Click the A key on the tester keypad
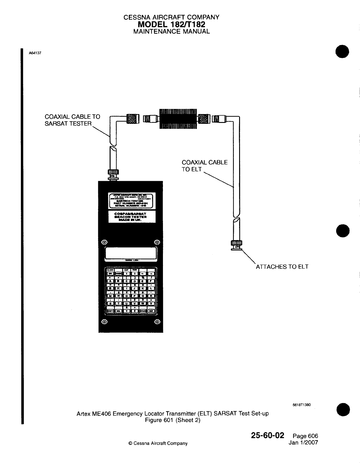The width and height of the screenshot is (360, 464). pos(110,281)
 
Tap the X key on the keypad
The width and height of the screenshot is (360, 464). pos(151,303)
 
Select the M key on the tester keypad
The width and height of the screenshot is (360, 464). pos(110,296)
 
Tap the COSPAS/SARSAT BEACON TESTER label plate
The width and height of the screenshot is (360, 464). pos(131,216)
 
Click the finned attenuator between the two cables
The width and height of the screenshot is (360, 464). pos(178,119)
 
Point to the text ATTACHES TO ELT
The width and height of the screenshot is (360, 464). pos(282,267)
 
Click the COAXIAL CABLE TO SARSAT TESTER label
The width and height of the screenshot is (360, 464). pos(72,120)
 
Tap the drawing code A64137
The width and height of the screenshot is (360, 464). pos(35,53)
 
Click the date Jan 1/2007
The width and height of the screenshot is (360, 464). pos(303,443)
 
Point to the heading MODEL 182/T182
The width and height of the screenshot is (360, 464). pos(171,24)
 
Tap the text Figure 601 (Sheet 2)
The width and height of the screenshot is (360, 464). pos(173,420)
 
